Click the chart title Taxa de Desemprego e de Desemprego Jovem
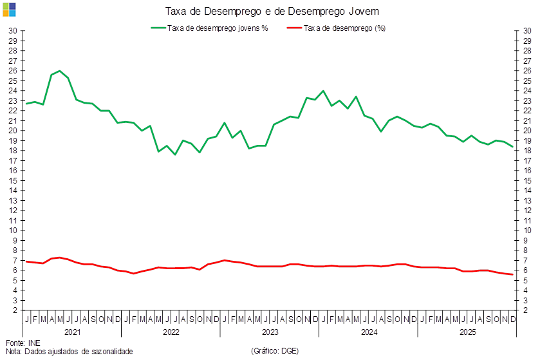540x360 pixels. click(272, 11)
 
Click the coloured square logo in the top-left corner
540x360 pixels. click(8, 9)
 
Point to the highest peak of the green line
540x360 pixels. click(59, 71)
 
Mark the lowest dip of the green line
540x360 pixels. click(174, 155)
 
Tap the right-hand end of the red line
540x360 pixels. click(513, 274)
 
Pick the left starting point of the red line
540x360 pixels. click(26, 261)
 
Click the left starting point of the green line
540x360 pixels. click(26, 104)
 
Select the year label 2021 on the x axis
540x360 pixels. click(72, 332)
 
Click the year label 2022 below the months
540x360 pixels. click(171, 332)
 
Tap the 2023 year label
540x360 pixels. click(270, 332)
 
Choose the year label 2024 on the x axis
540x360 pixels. click(369, 332)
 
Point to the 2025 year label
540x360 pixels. click(467, 332)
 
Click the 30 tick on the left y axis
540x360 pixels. click(12, 31)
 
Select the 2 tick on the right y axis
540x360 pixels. click(526, 310)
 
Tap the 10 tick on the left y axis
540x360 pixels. click(12, 231)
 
